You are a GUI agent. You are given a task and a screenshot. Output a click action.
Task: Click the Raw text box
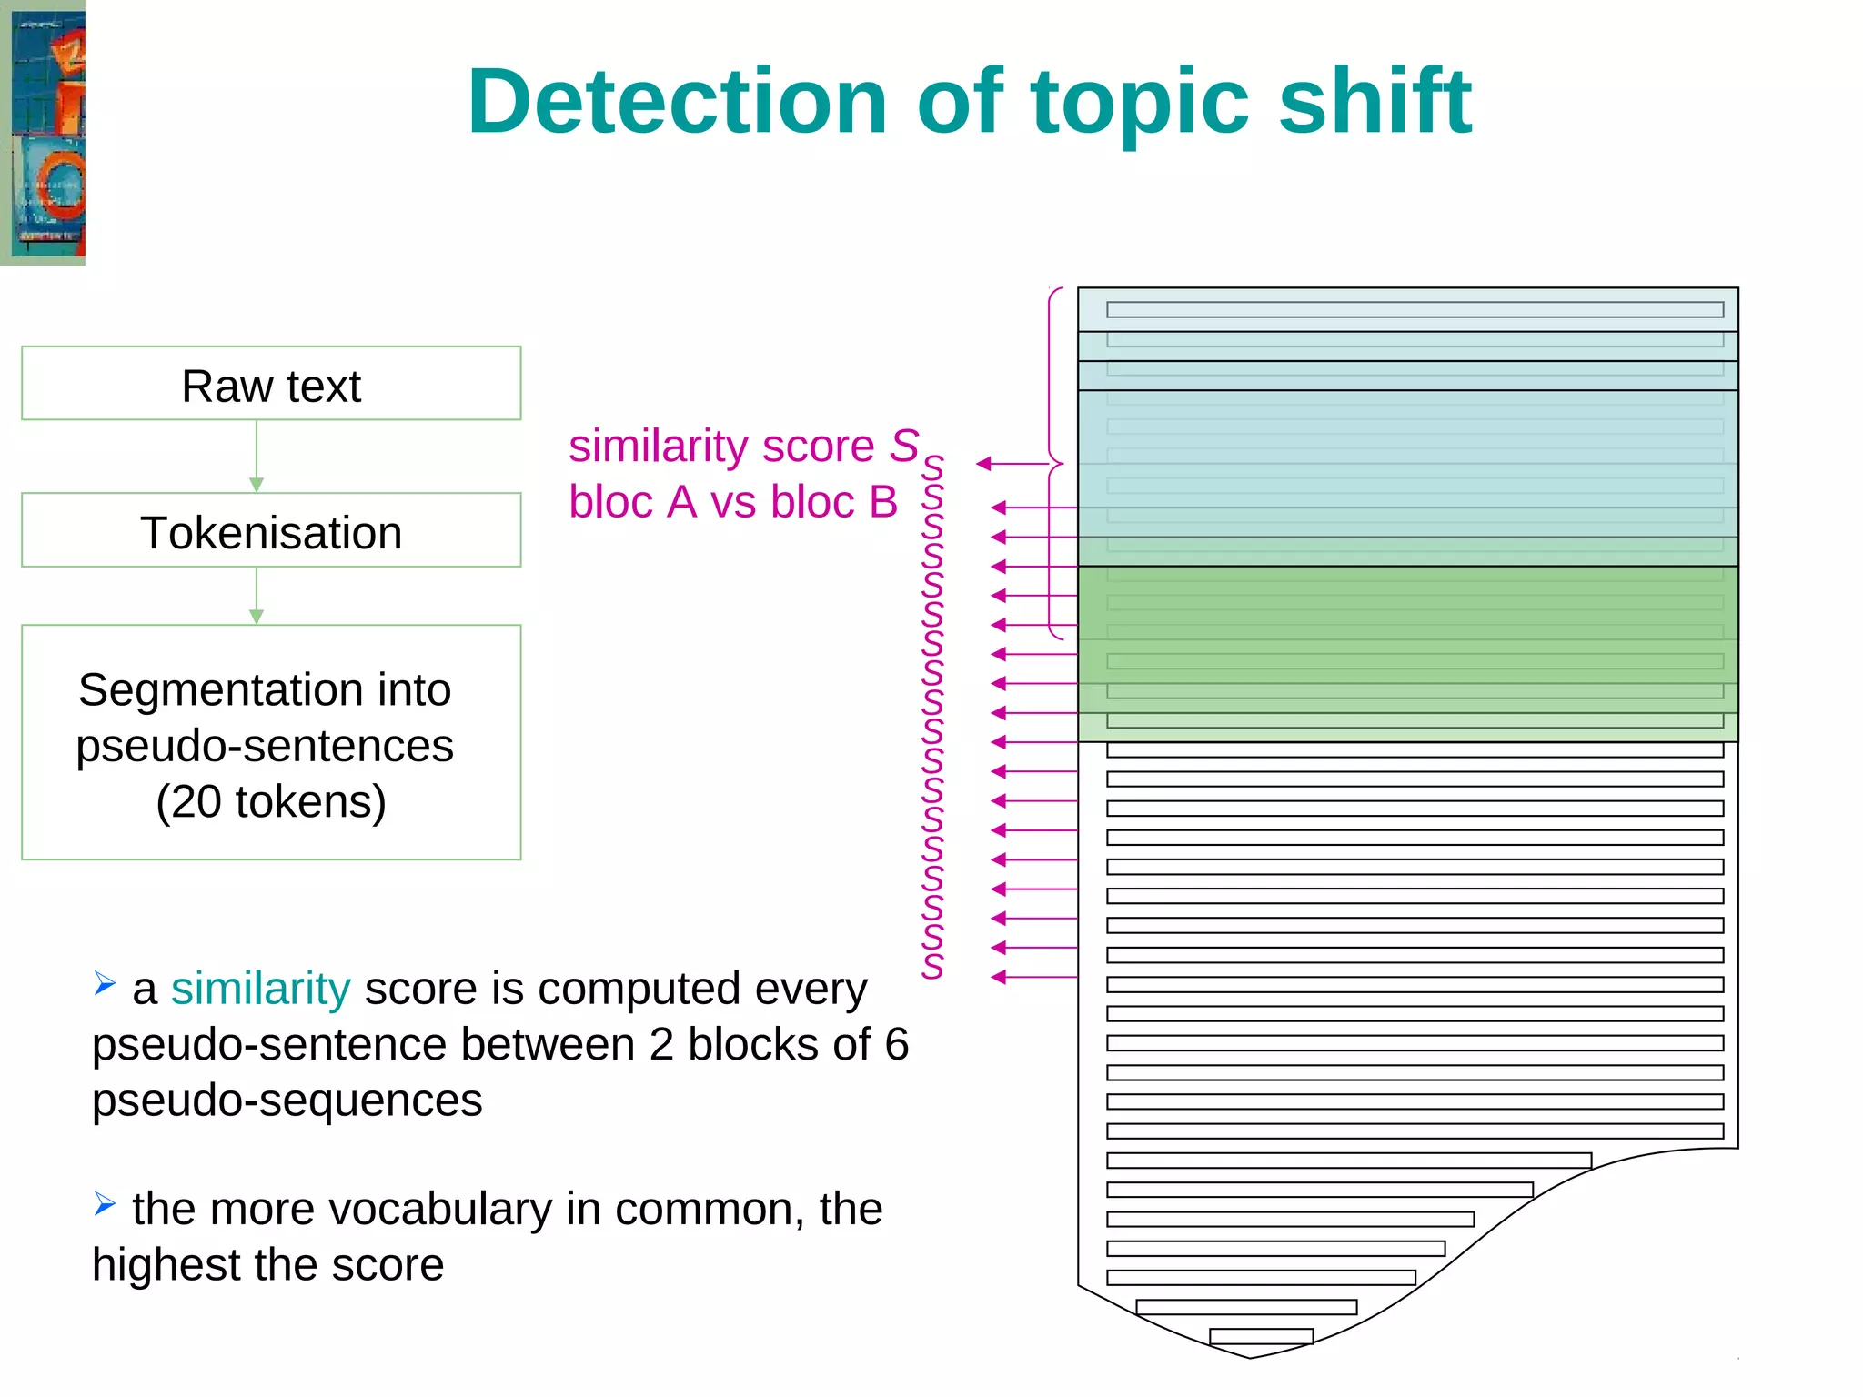coord(271,384)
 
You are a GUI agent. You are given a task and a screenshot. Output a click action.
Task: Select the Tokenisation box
coord(271,531)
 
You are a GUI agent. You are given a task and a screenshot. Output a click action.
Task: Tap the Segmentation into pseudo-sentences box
coord(271,742)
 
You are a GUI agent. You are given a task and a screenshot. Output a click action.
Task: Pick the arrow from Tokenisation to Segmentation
coord(257,596)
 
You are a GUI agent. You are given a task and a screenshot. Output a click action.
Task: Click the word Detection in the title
coord(677,102)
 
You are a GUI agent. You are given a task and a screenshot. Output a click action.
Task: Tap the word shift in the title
coord(1375,102)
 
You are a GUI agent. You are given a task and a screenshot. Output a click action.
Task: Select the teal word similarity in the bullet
coord(260,989)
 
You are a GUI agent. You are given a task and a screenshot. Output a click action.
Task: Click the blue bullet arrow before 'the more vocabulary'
coord(105,1204)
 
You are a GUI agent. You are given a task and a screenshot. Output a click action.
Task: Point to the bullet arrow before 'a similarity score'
coord(105,983)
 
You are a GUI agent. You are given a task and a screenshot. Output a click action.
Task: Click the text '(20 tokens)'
coord(271,802)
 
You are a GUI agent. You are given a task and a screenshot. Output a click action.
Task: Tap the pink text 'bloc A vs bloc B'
coord(733,502)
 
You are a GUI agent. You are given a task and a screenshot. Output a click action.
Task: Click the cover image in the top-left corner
coord(43,132)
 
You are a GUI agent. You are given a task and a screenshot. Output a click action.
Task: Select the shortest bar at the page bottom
coord(1261,1336)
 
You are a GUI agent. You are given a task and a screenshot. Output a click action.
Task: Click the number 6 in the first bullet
coord(897,1045)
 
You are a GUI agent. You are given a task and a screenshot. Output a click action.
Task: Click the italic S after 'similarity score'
coord(904,446)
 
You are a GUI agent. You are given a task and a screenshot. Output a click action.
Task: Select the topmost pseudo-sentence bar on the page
coord(1415,310)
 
